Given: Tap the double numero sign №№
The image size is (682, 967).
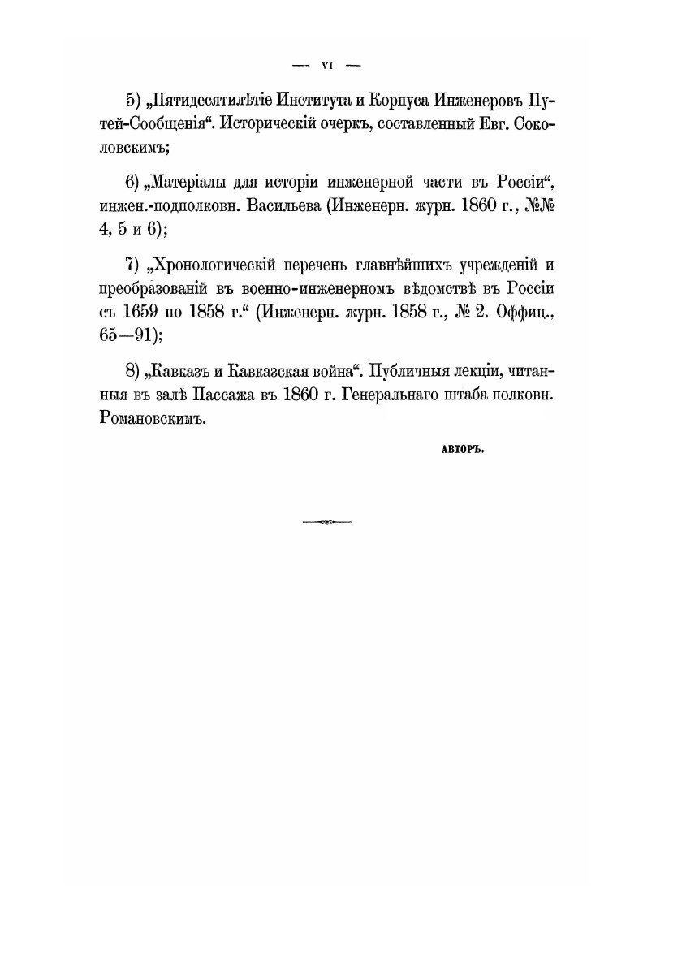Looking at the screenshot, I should pos(538,206).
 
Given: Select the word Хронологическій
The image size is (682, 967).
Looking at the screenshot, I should pos(215,265).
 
